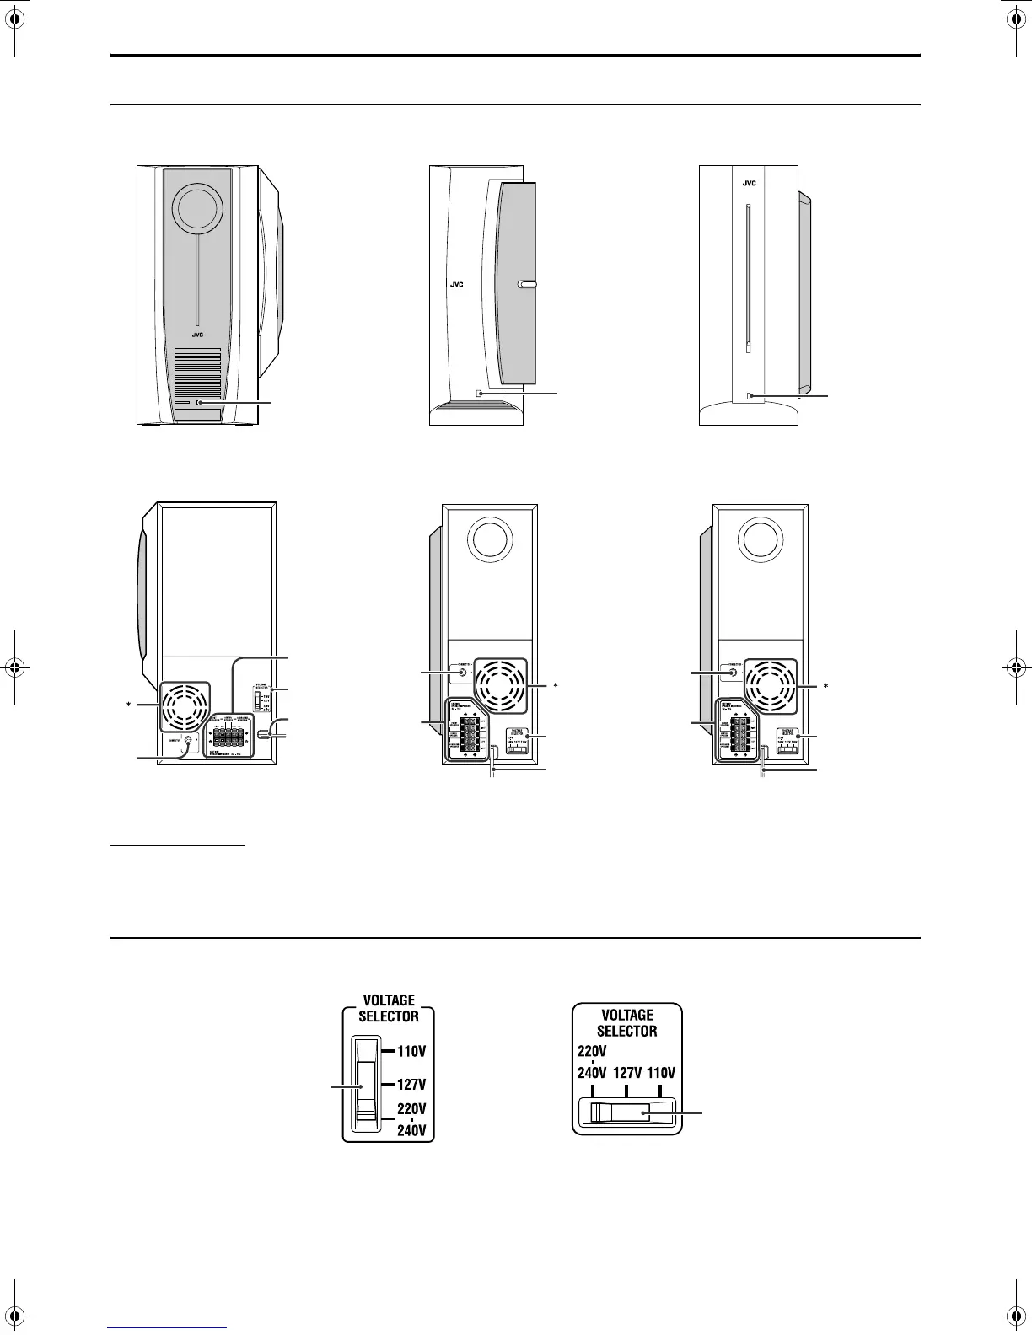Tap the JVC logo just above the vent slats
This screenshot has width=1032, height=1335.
196,334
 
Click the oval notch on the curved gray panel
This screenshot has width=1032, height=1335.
527,285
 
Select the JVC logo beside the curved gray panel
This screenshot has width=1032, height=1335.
455,285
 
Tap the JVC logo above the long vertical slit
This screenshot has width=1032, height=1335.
748,181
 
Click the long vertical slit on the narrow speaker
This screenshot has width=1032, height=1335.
748,278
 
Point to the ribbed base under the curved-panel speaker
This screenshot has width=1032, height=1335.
476,413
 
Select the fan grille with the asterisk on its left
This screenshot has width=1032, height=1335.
182,703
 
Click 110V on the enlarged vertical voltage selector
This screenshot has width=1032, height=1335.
411,1051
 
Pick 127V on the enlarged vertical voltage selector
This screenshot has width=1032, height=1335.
411,1085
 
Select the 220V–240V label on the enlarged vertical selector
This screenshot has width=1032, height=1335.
411,1118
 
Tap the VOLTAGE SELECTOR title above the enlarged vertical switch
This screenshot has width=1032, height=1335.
389,1008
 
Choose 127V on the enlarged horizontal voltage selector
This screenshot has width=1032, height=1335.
626,1073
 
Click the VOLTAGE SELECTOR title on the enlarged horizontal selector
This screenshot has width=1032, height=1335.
627,1022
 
